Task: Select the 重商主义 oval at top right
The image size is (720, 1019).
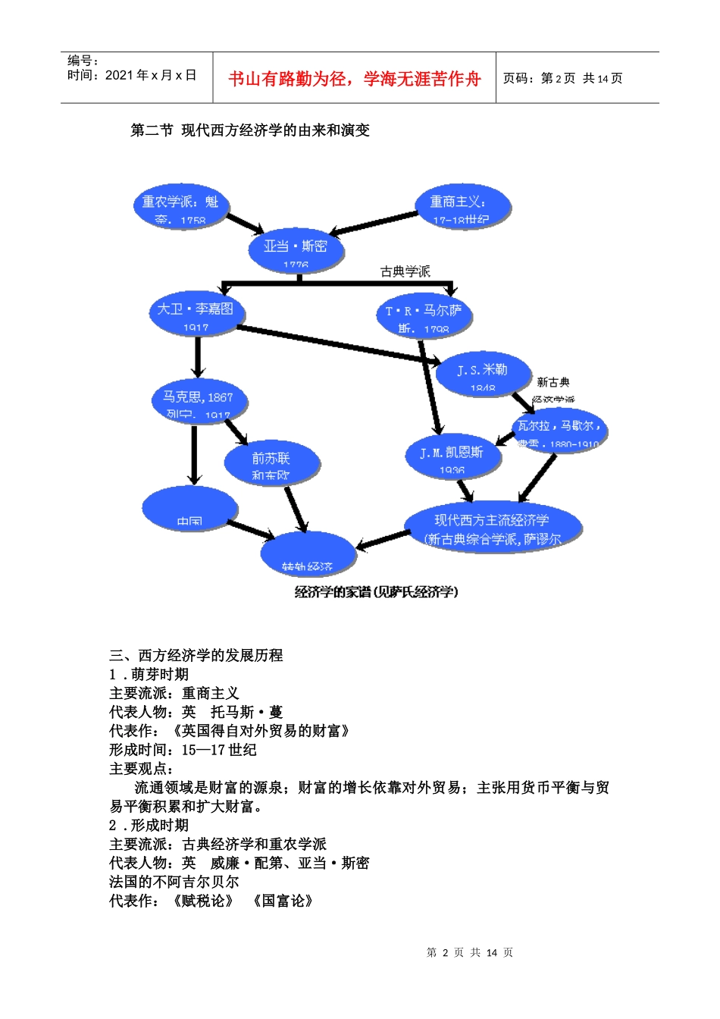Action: point(462,206)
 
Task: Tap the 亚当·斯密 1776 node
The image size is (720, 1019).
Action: point(296,250)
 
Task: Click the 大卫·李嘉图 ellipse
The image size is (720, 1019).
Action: point(196,313)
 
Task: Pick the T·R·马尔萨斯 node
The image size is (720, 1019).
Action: point(424,315)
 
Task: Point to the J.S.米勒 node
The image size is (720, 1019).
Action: point(482,374)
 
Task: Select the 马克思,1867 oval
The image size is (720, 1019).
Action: point(199,401)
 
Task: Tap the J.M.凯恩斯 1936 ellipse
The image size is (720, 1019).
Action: point(452,456)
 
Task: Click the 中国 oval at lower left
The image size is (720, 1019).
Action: point(189,508)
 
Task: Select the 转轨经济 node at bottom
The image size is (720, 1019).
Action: point(307,555)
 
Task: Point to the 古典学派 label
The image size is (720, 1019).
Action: point(405,271)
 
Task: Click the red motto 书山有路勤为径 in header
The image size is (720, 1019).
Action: point(354,79)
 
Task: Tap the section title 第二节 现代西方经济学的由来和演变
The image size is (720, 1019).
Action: point(250,130)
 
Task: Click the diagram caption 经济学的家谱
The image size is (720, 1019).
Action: point(376,592)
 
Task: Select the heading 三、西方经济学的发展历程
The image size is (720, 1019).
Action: point(196,655)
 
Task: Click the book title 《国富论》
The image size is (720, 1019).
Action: point(283,901)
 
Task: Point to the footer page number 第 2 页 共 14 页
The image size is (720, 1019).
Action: point(469,952)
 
